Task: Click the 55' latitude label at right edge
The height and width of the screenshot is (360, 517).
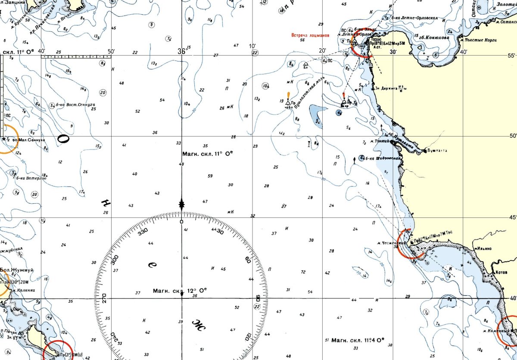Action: [512, 56]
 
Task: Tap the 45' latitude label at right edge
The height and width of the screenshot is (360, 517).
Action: [512, 217]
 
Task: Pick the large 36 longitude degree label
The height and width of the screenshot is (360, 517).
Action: [181, 51]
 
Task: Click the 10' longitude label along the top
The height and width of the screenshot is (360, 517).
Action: [252, 46]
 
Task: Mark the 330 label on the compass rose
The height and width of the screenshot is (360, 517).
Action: [143, 231]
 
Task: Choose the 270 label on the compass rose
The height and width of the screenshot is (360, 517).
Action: [103, 298]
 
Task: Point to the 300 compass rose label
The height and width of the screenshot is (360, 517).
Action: [115, 260]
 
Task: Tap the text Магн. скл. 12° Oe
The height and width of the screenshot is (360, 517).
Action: [180, 291]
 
